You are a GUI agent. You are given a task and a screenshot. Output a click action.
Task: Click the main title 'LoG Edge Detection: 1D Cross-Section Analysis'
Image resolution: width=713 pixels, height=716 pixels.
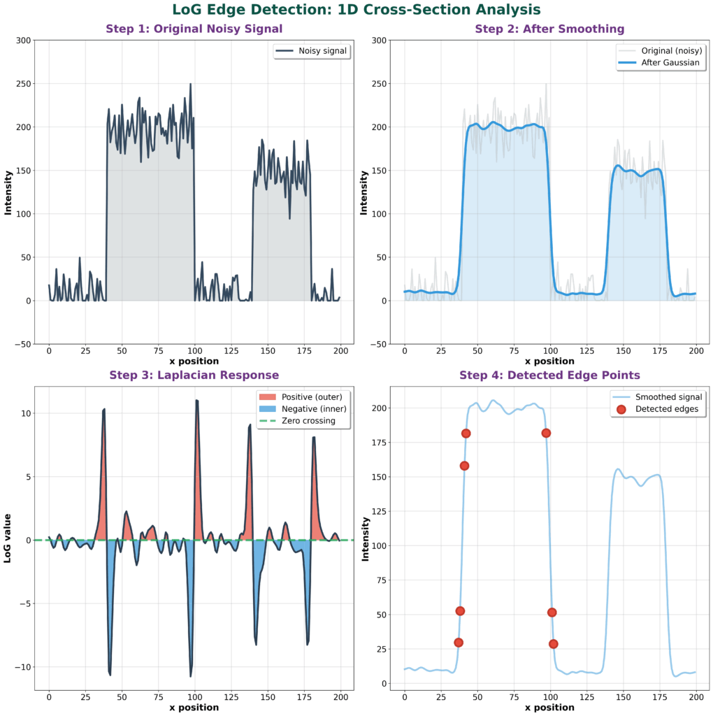356,10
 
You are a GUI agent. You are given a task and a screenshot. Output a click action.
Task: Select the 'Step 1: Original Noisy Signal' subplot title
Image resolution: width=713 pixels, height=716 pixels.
194,29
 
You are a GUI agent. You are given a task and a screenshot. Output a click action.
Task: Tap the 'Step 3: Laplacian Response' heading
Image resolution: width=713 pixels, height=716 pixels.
194,375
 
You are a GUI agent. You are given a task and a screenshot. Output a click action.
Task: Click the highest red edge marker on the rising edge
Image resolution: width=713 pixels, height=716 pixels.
466,434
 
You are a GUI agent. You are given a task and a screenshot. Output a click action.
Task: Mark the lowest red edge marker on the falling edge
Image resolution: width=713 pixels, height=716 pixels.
554,644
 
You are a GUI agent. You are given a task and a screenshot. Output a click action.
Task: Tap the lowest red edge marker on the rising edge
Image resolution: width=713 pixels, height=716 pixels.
459,643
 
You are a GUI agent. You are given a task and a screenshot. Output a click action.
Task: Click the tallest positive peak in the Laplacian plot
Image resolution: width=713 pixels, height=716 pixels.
196,400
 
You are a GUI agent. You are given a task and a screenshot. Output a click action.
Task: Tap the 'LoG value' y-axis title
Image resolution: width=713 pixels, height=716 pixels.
8,540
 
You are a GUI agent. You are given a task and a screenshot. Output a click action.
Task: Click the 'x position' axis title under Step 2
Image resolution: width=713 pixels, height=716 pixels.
549,361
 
